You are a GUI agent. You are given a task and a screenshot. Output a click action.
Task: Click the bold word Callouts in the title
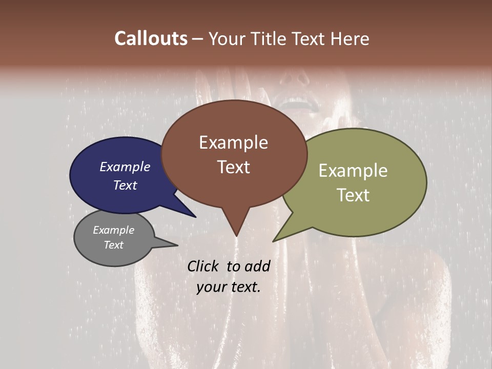(151, 38)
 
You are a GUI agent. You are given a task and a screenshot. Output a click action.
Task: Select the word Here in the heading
(351, 38)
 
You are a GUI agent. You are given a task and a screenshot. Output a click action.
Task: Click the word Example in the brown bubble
(233, 142)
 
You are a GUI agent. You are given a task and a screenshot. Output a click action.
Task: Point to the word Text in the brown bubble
(233, 167)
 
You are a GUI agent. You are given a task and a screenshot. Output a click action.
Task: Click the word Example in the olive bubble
(353, 171)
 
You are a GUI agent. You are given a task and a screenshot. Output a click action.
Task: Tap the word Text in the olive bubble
(353, 195)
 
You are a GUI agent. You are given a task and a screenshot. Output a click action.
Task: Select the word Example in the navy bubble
(125, 167)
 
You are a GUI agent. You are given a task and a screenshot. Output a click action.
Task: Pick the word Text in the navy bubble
(125, 185)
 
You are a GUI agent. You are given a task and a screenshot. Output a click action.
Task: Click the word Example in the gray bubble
(113, 230)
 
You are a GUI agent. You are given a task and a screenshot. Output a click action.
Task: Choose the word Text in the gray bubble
(113, 245)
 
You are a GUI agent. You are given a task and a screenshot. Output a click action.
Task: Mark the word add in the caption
(257, 266)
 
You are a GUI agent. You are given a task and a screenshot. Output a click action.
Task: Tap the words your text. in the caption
(228, 286)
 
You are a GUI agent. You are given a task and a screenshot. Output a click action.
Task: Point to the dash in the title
(198, 39)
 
